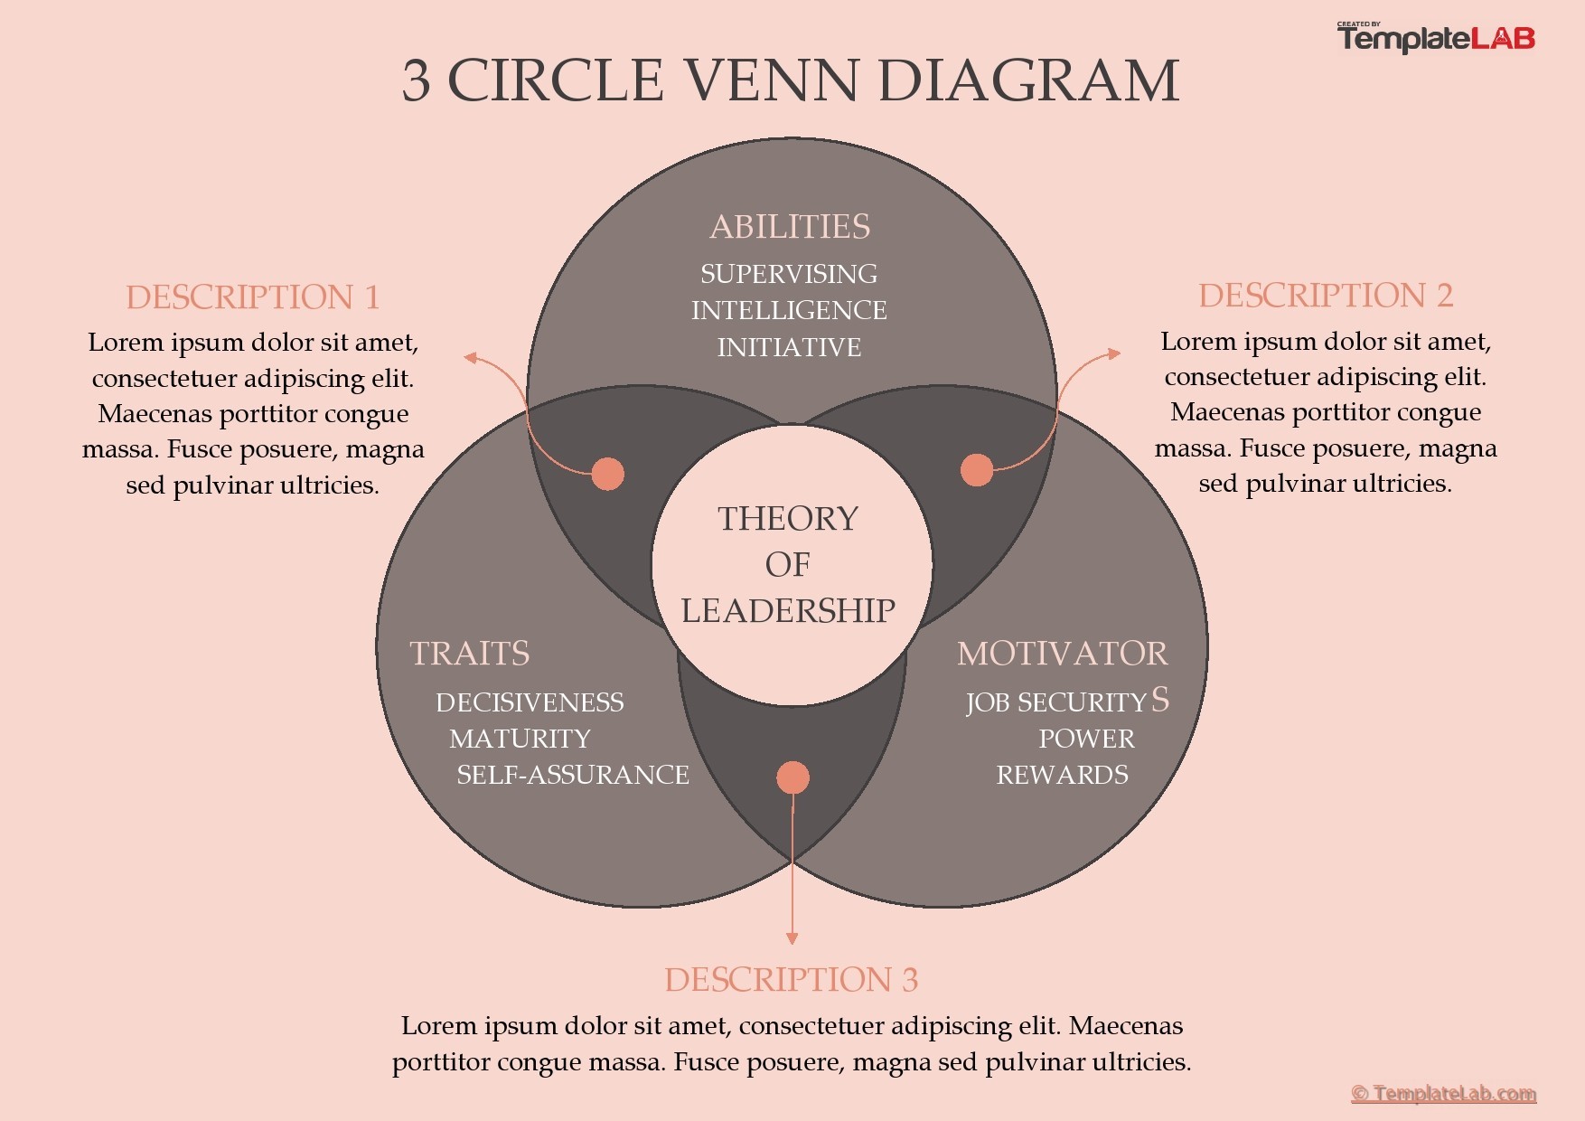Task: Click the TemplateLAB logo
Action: tap(1435, 38)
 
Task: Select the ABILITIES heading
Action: tap(790, 227)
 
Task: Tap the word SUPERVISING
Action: tap(789, 274)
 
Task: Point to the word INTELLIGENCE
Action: tap(789, 310)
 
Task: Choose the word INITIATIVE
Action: tap(789, 347)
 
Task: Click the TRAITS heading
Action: tap(469, 654)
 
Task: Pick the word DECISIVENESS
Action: tap(530, 702)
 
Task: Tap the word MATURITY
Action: tap(520, 739)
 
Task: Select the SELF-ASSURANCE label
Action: tap(572, 775)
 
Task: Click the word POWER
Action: tap(1086, 739)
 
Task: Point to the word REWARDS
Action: tap(1062, 775)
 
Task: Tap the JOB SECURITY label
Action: tap(1055, 702)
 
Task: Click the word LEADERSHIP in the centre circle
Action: tap(788, 611)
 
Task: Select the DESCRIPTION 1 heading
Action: tap(252, 297)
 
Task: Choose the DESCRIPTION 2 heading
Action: tap(1326, 296)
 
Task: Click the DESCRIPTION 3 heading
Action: tap(791, 980)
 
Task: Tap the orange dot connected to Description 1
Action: tap(607, 473)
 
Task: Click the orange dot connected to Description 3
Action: tap(792, 777)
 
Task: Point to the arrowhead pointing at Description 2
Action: tap(1115, 353)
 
